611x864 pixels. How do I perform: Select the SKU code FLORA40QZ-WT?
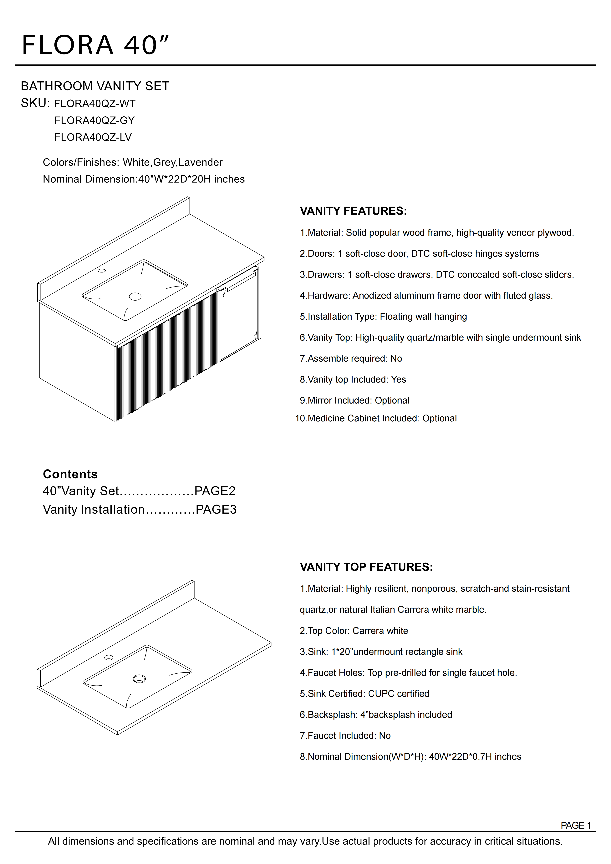[x=95, y=104]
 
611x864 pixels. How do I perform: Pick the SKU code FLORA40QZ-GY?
[x=94, y=120]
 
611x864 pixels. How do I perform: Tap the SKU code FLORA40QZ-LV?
[x=93, y=137]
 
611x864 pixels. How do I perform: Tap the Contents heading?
[x=70, y=474]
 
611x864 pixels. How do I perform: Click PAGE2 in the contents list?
[x=215, y=491]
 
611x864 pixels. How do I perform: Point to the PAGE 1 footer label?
[x=576, y=825]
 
